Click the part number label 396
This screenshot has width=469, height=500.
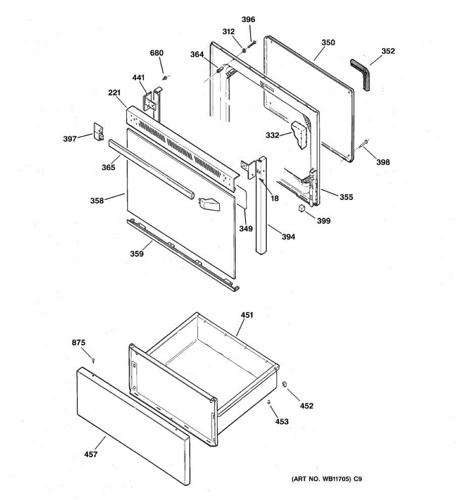pos(248,20)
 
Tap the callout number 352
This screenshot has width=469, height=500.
pos(388,51)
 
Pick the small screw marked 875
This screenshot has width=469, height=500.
pos(94,360)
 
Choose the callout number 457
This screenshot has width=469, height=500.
pos(90,454)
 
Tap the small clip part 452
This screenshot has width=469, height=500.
pos(285,383)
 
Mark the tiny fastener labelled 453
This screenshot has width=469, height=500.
pos(269,402)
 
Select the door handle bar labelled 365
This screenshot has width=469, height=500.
pos(152,170)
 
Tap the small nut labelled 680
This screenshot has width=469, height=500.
pos(165,77)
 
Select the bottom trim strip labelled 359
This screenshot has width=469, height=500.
pos(183,254)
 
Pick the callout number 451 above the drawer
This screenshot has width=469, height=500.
pos(247,315)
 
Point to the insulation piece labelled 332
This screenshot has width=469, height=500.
pos(300,134)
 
